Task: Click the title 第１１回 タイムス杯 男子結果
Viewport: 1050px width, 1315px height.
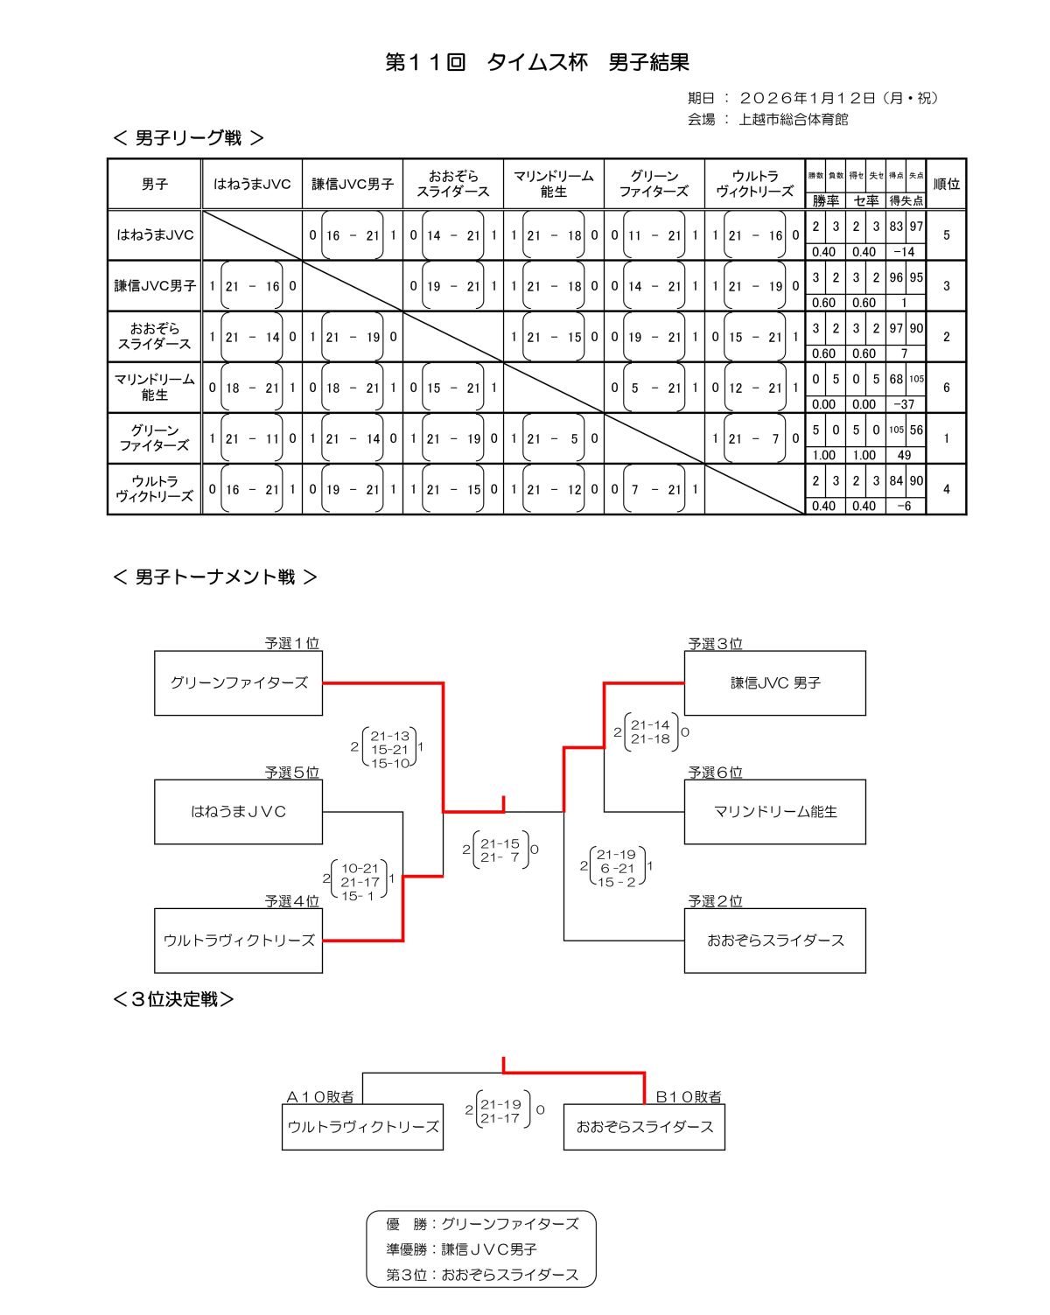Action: pyautogui.click(x=537, y=63)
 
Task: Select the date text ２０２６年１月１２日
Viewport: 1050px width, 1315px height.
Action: pyautogui.click(x=808, y=98)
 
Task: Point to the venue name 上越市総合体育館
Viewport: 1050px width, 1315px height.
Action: pyautogui.click(x=793, y=120)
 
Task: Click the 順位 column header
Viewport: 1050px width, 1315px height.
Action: pyautogui.click(x=946, y=184)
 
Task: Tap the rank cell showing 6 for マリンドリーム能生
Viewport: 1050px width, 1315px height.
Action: pyautogui.click(x=946, y=388)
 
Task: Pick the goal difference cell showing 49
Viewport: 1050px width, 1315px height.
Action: pyautogui.click(x=905, y=455)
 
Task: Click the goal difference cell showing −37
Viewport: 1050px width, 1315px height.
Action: pyautogui.click(x=905, y=404)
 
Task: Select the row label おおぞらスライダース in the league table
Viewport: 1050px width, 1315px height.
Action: pyautogui.click(x=155, y=337)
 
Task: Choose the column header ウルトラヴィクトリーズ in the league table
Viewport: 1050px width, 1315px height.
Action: pyautogui.click(x=754, y=184)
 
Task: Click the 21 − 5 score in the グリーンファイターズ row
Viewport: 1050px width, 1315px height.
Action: pyautogui.click(x=554, y=438)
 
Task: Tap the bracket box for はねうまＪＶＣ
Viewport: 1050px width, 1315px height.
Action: pyautogui.click(x=239, y=812)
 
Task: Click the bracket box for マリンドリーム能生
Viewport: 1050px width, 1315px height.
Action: pyautogui.click(x=774, y=812)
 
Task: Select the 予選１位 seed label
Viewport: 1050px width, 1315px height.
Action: pyautogui.click(x=292, y=643)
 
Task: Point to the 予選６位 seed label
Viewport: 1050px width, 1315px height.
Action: pyautogui.click(x=715, y=773)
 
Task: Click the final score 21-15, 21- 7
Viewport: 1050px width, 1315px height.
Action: pyautogui.click(x=500, y=850)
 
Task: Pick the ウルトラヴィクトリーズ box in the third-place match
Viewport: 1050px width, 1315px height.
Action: pyautogui.click(x=363, y=1127)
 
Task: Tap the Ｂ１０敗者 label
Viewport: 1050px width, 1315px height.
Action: pyautogui.click(x=689, y=1097)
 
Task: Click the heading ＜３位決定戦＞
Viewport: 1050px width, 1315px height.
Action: pyautogui.click(x=174, y=999)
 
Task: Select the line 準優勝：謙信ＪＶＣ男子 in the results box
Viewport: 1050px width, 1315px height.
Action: pyautogui.click(x=462, y=1249)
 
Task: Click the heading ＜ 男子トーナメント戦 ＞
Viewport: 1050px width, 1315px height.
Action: pyautogui.click(x=215, y=577)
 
